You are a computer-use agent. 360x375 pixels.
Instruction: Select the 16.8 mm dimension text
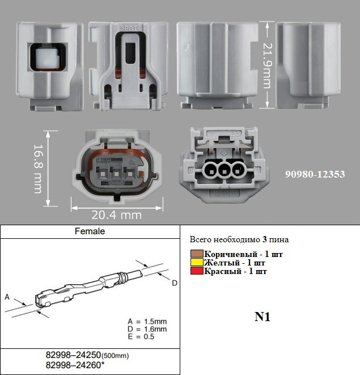tap(37, 168)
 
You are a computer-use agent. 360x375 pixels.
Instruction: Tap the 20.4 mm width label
tap(117, 215)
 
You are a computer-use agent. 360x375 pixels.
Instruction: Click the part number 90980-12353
tap(315, 175)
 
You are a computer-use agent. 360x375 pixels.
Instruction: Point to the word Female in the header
tap(90, 231)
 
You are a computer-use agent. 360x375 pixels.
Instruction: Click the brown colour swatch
tap(197, 254)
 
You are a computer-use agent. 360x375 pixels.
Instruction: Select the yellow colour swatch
tap(197, 263)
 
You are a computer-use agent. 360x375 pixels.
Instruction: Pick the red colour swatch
tap(197, 271)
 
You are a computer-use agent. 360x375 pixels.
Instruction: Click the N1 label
tap(262, 317)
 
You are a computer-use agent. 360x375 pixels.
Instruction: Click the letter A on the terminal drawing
tap(7, 296)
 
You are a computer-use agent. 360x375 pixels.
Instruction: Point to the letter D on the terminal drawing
tap(175, 282)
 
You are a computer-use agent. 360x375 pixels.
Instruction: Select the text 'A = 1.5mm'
tap(147, 321)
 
